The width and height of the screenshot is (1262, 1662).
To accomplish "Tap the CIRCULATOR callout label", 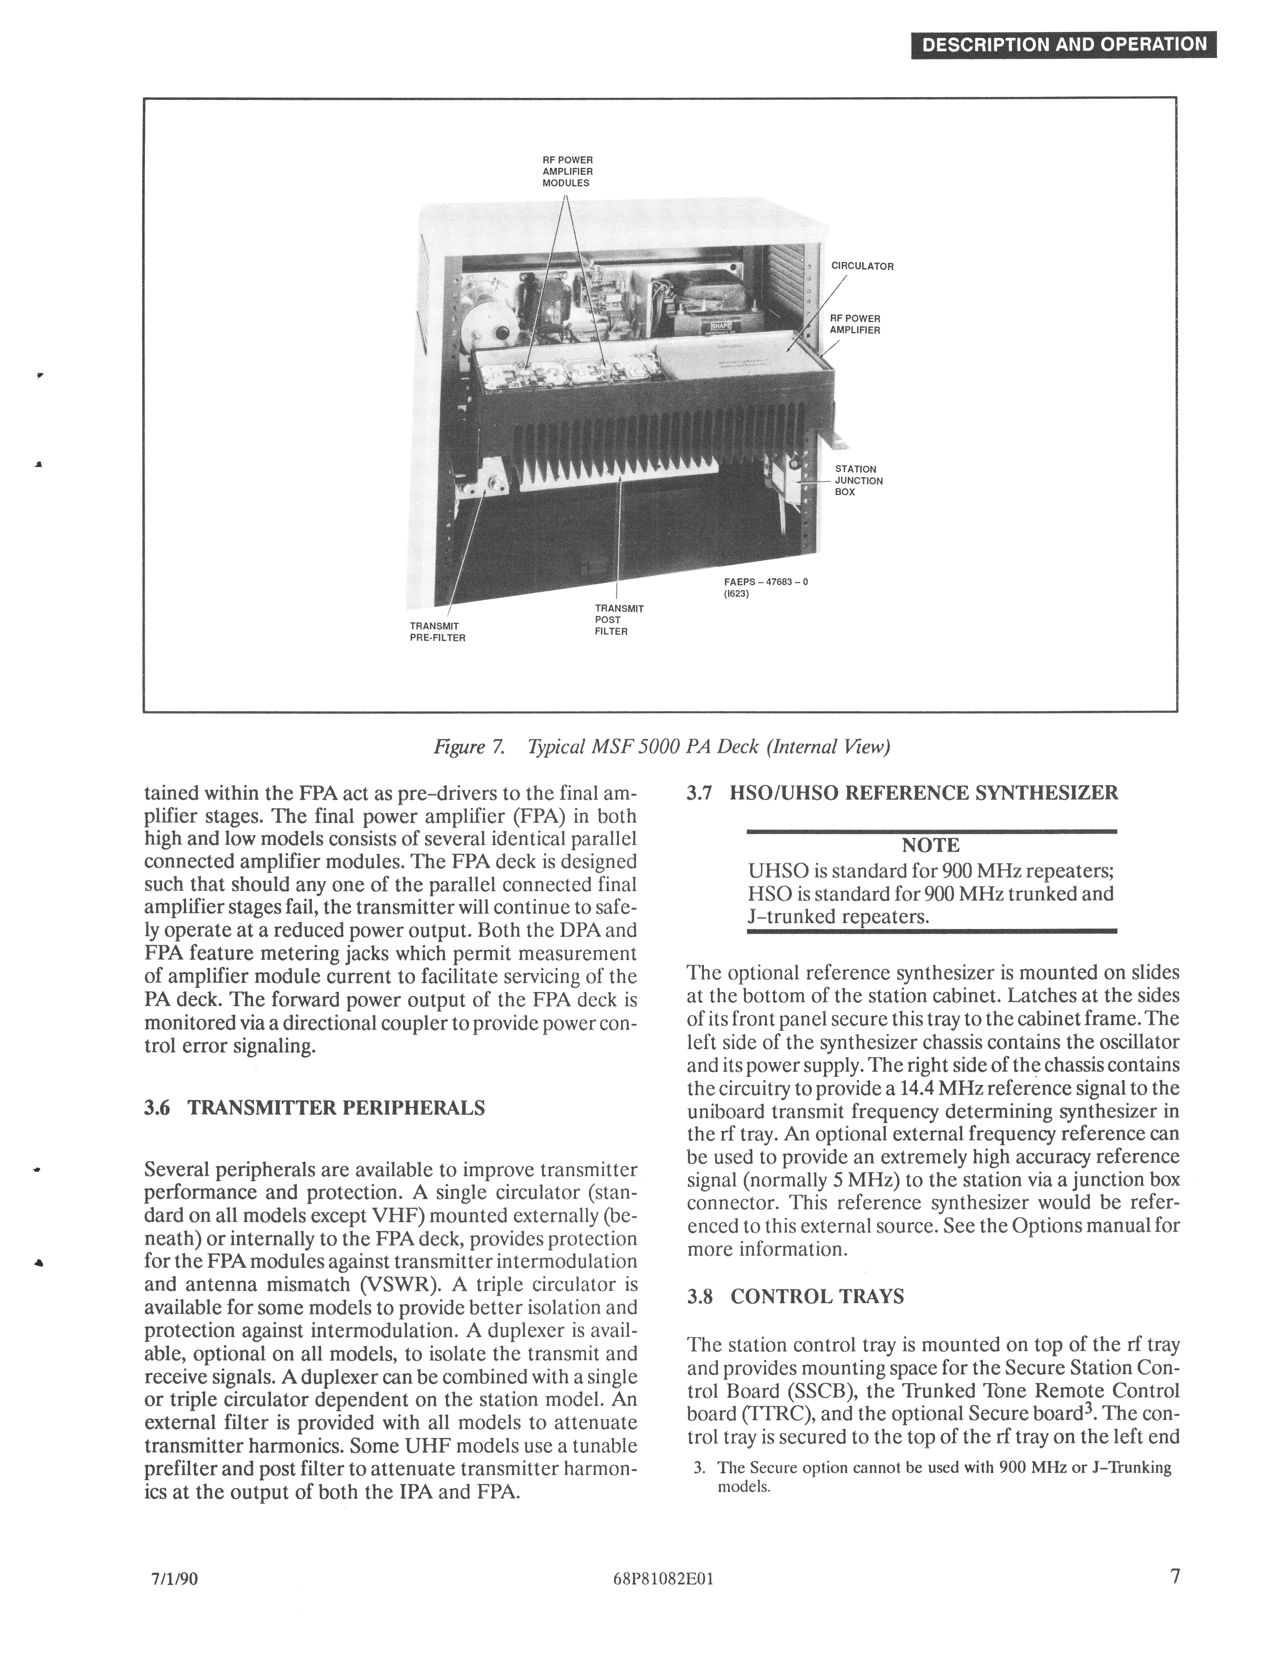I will click(862, 266).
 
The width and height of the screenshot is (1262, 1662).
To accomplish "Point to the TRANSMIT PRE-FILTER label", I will click(437, 631).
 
